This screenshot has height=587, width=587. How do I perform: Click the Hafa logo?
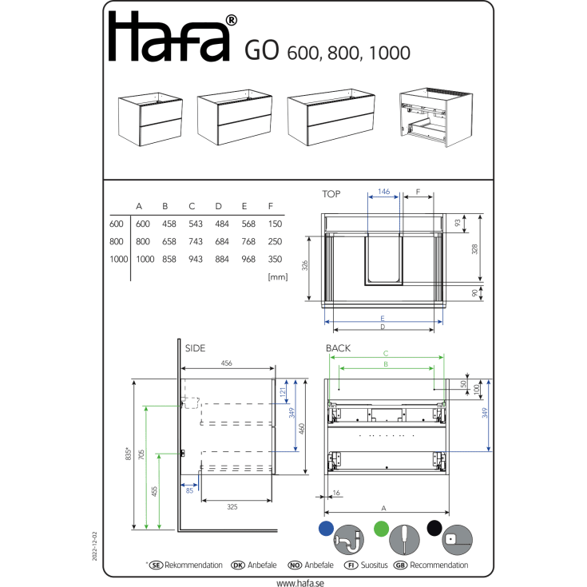tap(173, 37)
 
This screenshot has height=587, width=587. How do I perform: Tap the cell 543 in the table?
tap(196, 224)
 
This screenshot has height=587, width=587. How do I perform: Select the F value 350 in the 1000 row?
tap(275, 259)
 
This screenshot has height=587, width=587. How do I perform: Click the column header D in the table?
tap(218, 206)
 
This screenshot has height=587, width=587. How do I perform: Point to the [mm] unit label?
tap(278, 277)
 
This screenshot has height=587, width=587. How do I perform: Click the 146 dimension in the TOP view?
tap(383, 192)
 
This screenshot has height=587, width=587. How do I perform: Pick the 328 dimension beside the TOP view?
tap(474, 249)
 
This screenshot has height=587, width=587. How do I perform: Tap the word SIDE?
tap(195, 348)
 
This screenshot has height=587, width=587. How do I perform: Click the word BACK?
tap(338, 348)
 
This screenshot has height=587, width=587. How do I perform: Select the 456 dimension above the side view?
tap(227, 363)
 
